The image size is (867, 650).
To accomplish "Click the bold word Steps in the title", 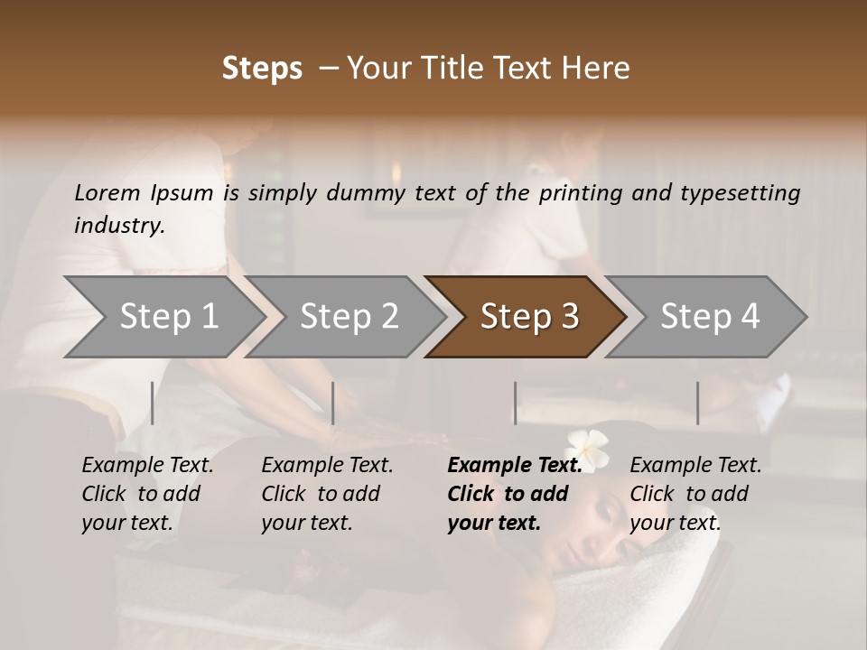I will [262, 68].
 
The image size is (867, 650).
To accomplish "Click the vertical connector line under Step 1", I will [153, 403].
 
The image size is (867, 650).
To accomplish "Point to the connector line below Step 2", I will [333, 403].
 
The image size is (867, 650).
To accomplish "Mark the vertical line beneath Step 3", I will [516, 403].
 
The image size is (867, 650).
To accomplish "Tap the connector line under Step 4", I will [697, 403].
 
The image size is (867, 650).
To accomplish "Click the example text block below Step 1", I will [147, 494].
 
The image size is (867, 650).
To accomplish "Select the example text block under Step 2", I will [327, 494].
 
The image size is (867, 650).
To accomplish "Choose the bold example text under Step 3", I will [514, 494].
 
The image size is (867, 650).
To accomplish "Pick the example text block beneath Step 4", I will [695, 494].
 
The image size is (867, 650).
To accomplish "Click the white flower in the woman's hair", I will [587, 443].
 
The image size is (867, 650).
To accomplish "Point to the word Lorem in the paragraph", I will [107, 193].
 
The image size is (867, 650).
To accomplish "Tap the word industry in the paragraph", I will [118, 226].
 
